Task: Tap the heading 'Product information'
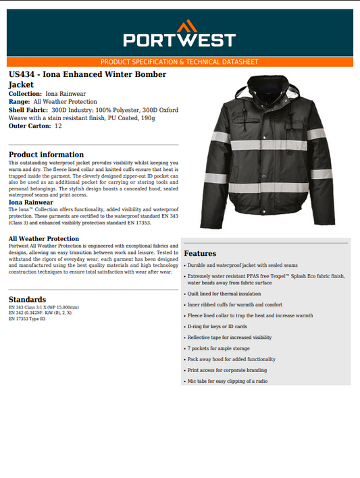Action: click(x=46, y=155)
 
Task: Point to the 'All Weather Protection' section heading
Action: click(x=44, y=238)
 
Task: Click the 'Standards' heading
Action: click(x=27, y=299)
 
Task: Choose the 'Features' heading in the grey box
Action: click(x=200, y=253)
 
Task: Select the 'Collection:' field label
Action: click(x=25, y=93)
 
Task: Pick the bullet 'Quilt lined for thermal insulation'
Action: click(x=224, y=294)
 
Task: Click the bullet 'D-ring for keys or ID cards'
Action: click(x=217, y=326)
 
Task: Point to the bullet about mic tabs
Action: click(x=227, y=381)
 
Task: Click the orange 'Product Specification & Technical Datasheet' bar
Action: click(x=180, y=61)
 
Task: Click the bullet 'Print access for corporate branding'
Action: click(x=227, y=370)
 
